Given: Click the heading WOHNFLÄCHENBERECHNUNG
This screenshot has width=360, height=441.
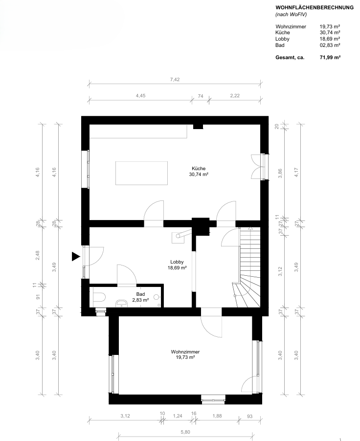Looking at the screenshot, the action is (x=315, y=8).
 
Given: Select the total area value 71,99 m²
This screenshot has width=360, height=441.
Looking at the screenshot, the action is (x=330, y=57).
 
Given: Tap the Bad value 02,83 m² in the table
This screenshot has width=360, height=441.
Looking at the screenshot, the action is (x=330, y=45).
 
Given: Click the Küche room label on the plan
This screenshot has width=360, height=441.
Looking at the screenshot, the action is (x=199, y=169).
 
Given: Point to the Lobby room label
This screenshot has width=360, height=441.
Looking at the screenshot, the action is (x=177, y=262).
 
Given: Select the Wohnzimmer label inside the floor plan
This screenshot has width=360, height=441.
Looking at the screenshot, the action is (x=185, y=352).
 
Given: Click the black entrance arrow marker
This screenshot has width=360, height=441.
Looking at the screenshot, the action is (x=76, y=257).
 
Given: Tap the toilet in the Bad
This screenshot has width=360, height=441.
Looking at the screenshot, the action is (x=98, y=297).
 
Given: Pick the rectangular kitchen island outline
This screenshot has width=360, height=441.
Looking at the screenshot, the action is (x=141, y=173).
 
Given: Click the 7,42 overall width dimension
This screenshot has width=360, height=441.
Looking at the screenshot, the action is (x=175, y=80).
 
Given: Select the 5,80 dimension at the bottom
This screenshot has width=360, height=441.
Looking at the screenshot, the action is (x=185, y=432).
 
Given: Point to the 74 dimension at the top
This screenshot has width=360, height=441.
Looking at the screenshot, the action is (x=201, y=96).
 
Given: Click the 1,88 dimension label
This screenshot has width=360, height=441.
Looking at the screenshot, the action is (x=217, y=416).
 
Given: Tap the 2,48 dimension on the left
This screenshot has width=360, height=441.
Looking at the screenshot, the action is (x=38, y=255).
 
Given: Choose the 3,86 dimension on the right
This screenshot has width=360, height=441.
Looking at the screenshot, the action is (x=280, y=173).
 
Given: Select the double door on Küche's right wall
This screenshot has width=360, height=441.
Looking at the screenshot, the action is (x=258, y=167).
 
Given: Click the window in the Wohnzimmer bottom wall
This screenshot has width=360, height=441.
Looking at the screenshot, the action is (x=213, y=399).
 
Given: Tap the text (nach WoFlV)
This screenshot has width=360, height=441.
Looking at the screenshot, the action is (x=291, y=15).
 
